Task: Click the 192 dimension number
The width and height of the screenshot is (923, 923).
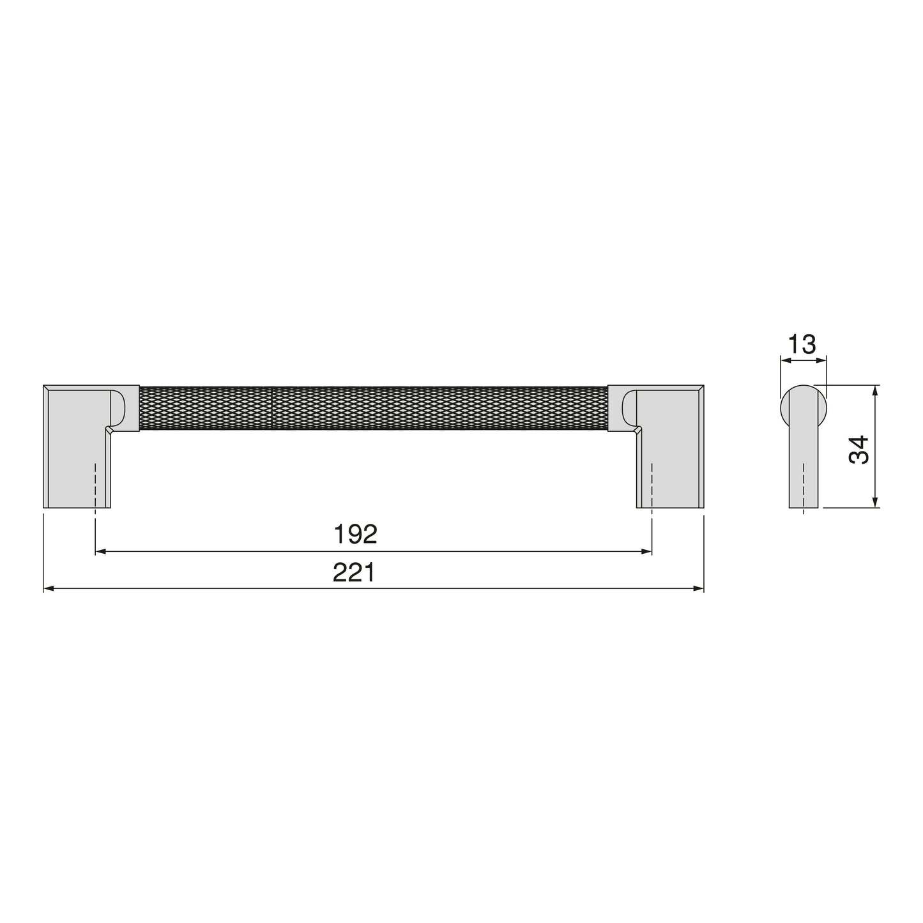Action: [356, 534]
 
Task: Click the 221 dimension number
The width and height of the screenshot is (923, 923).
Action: [355, 572]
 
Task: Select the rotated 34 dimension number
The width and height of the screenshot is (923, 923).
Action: [859, 449]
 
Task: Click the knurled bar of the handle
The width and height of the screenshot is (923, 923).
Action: [374, 408]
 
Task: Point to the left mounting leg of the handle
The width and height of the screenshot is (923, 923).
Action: [77, 446]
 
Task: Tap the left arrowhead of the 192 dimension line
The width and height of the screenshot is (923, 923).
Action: [100, 552]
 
